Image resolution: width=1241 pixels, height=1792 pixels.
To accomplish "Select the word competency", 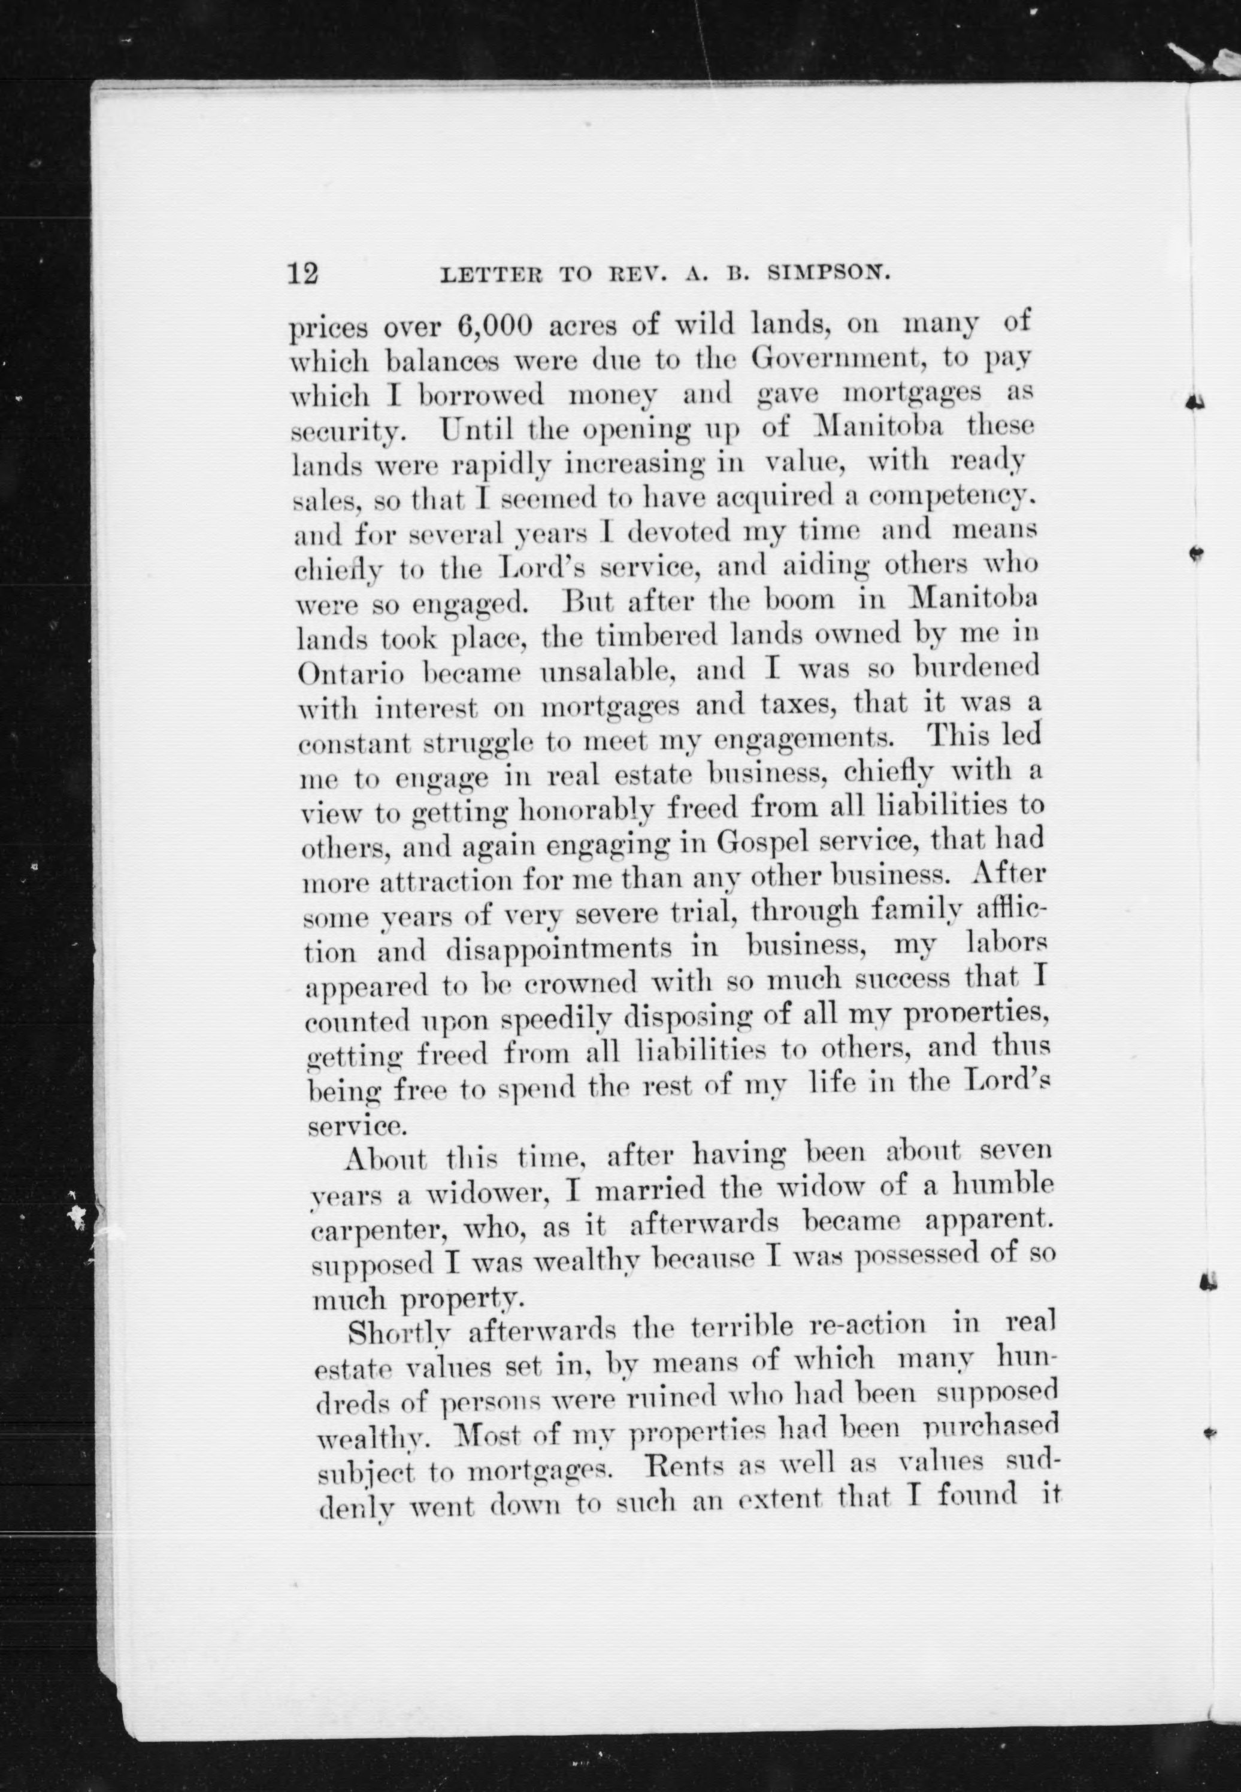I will click(954, 498).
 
